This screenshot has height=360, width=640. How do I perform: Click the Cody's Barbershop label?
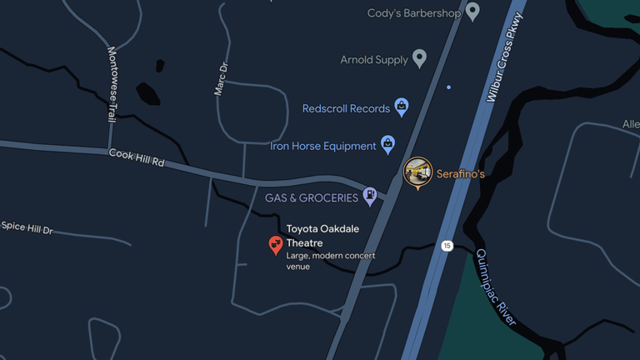(412, 13)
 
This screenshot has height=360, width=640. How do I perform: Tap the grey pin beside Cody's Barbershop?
(472, 12)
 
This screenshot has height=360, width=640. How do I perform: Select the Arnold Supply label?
(374, 60)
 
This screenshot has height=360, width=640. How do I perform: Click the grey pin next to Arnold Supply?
(420, 58)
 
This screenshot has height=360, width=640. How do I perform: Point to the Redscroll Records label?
(346, 108)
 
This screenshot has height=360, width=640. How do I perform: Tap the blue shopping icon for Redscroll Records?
(402, 107)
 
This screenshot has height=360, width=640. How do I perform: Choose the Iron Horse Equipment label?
(323, 146)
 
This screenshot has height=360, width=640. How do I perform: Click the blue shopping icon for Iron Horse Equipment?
(388, 144)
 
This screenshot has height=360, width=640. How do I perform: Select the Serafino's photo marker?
(417, 171)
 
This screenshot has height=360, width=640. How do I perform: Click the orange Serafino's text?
(460, 174)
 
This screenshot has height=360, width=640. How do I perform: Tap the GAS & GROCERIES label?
(312, 198)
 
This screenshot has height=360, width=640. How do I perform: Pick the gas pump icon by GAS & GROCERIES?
(369, 197)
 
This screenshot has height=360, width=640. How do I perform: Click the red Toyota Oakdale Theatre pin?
(276, 244)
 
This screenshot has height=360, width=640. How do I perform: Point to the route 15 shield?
(447, 246)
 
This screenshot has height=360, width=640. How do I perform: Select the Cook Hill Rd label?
(136, 157)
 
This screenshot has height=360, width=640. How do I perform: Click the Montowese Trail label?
(112, 84)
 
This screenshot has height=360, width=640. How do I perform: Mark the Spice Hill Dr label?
(27, 227)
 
